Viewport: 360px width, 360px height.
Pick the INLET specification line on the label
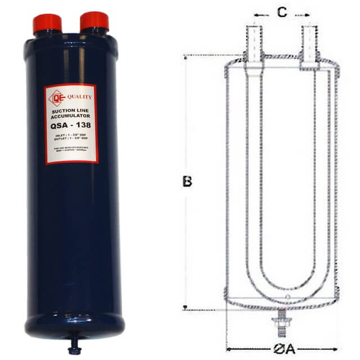pyautogui.click(x=71, y=136)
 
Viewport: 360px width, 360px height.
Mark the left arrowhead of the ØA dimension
pyautogui.click(x=228, y=349)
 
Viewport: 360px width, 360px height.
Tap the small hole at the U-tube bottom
pyautogui.click(x=287, y=297)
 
